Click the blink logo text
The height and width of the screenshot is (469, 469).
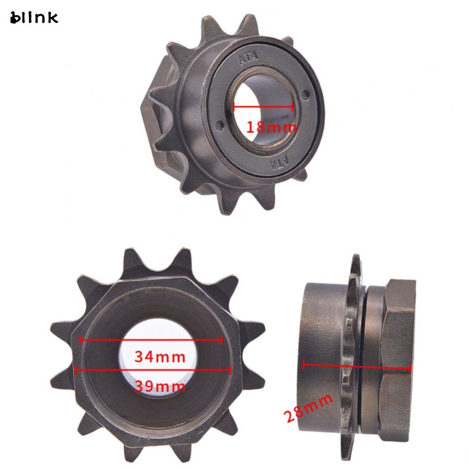[x=34, y=18]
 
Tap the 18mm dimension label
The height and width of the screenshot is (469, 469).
[x=272, y=127]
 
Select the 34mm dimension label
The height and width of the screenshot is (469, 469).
[x=160, y=356]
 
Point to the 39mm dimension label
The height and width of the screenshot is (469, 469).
[x=160, y=386]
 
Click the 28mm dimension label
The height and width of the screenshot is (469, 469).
[x=308, y=408]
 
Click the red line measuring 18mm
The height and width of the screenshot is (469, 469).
[x=263, y=106]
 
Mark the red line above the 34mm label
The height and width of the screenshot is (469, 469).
[x=151, y=340]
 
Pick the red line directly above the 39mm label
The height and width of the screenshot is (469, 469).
[x=153, y=370]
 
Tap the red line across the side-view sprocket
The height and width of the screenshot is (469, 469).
[x=357, y=366]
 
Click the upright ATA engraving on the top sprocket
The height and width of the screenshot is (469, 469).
[x=248, y=58]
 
